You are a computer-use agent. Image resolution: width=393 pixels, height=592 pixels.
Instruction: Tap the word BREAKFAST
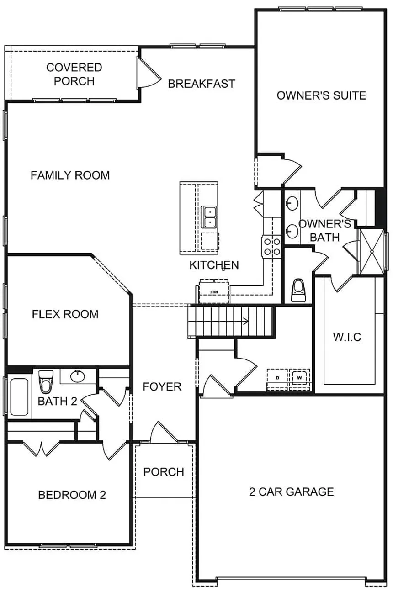coord(202,84)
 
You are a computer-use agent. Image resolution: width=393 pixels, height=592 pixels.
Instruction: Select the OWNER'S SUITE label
coord(321,95)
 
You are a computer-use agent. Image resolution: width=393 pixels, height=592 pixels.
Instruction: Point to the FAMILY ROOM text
coord(70,175)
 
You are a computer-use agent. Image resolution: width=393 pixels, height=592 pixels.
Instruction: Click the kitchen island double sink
coord(209,217)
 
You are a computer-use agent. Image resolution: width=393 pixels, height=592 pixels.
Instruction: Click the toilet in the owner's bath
coord(298,290)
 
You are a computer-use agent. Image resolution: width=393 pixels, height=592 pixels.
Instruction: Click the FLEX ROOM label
coord(65,314)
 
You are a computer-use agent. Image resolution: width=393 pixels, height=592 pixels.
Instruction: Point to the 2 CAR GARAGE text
coord(291,492)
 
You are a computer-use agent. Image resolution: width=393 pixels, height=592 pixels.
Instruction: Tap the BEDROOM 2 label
coord(72,495)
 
